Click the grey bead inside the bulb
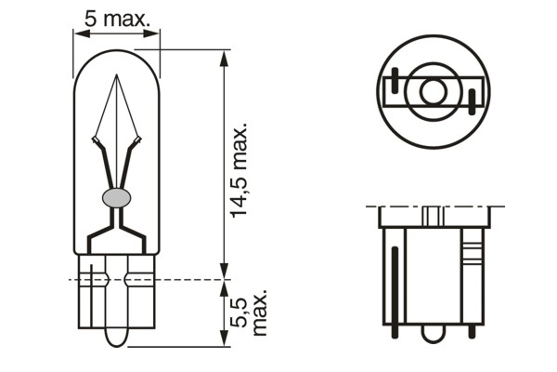[116, 196]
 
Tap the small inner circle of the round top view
[433, 91]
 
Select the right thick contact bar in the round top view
[472, 100]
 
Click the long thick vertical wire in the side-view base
[397, 283]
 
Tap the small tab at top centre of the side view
[432, 215]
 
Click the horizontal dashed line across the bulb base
[149, 277]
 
